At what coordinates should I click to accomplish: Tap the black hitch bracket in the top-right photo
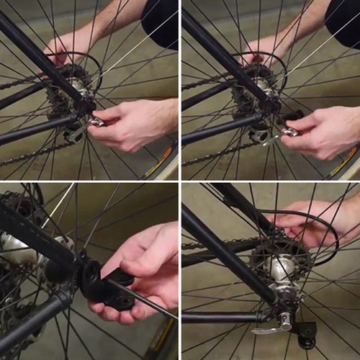pyautogui.click(x=292, y=115)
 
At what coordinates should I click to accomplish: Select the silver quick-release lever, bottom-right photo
pyautogui.click(x=270, y=328)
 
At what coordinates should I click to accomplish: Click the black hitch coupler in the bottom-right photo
pyautogui.click(x=306, y=333)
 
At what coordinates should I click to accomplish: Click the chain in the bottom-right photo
pyautogui.click(x=216, y=245)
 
